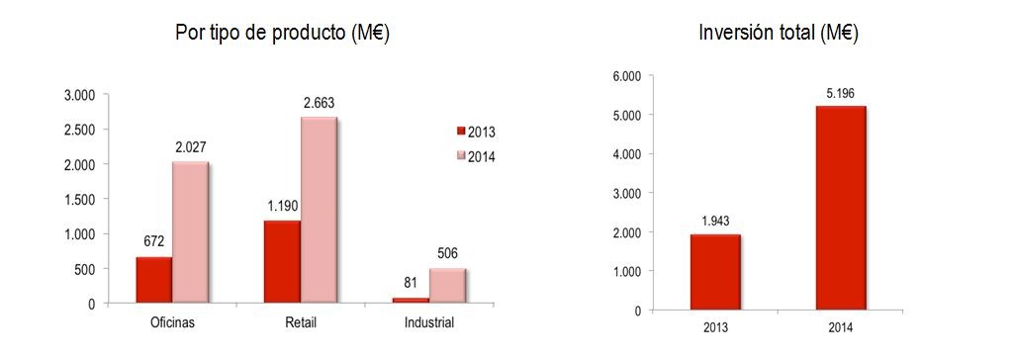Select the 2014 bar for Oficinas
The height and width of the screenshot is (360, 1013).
tap(190, 232)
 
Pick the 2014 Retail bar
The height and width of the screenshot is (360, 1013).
tap(319, 211)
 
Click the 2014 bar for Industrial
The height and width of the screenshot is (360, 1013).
tap(447, 286)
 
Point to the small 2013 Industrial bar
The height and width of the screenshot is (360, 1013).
tap(411, 300)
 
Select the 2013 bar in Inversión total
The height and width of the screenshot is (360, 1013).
tap(715, 272)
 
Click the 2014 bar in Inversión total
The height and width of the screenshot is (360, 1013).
tap(841, 208)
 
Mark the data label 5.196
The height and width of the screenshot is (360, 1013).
tap(841, 93)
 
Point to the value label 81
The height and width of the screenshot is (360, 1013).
tap(410, 284)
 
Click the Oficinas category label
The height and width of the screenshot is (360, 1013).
tap(171, 323)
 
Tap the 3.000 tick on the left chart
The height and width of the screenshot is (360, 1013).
tap(78, 95)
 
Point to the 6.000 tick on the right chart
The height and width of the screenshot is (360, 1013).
tap(625, 76)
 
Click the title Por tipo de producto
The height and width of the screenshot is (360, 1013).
tap(281, 33)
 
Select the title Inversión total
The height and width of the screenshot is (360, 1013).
tap(778, 33)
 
